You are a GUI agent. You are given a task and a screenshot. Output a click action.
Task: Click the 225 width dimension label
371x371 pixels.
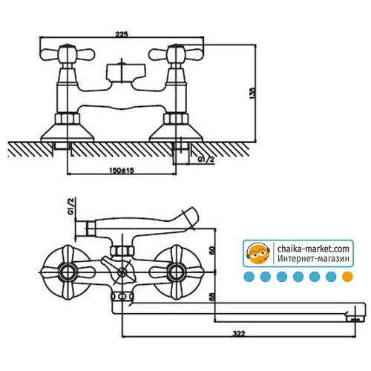(x=122, y=34)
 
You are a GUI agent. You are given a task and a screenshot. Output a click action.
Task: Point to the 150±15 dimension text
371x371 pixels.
(x=122, y=171)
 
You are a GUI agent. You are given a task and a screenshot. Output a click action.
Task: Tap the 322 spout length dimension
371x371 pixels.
(x=239, y=334)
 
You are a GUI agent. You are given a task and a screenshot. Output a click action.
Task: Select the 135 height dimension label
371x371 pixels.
(x=252, y=93)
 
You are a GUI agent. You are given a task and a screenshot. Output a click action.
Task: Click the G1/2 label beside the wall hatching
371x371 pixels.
(x=206, y=160)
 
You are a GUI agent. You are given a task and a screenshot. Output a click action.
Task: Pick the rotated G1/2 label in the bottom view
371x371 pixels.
(x=71, y=206)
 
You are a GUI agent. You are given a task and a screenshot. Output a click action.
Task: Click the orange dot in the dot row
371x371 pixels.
(x=347, y=277)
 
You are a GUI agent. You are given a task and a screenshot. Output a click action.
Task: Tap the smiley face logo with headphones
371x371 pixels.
(x=258, y=253)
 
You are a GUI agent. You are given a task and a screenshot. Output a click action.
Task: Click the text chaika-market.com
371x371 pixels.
(x=313, y=249)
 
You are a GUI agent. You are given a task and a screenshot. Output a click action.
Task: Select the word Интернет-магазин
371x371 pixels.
(x=313, y=258)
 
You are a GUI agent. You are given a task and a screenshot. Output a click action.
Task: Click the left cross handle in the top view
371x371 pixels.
(x=68, y=54)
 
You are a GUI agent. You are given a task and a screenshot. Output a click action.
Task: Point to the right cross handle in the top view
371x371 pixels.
(x=176, y=54)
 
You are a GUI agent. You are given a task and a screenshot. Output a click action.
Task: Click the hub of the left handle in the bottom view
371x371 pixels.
(x=68, y=272)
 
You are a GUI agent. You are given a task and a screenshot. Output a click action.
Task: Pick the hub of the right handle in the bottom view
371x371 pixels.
(x=176, y=272)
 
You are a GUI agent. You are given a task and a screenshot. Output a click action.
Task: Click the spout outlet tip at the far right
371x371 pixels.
(x=355, y=319)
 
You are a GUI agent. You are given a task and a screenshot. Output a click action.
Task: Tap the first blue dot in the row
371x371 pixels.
(x=249, y=277)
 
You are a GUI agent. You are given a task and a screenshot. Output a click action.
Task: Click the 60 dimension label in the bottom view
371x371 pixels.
(x=212, y=250)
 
